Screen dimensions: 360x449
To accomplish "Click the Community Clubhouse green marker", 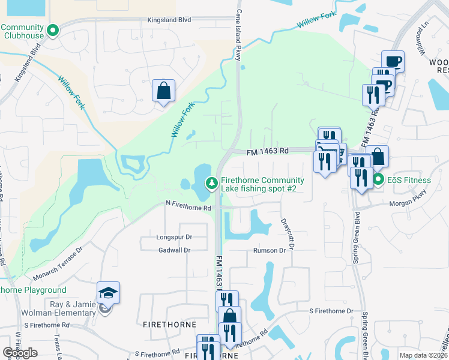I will coord(53,29).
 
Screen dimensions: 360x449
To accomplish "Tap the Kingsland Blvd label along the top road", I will coord(169,20).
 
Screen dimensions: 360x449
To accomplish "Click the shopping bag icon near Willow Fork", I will coord(163,91).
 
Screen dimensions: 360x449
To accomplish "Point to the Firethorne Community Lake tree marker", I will coord(211,183).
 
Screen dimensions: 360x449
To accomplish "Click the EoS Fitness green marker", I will coord(378,179).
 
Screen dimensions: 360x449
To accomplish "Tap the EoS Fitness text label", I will coord(409,180).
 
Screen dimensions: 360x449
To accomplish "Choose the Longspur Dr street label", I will coord(173,237).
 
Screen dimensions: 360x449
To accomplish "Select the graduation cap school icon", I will coord(109,292).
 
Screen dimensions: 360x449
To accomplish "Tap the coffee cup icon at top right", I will coord(393,61).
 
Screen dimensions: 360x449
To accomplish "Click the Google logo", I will coord(20,353).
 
